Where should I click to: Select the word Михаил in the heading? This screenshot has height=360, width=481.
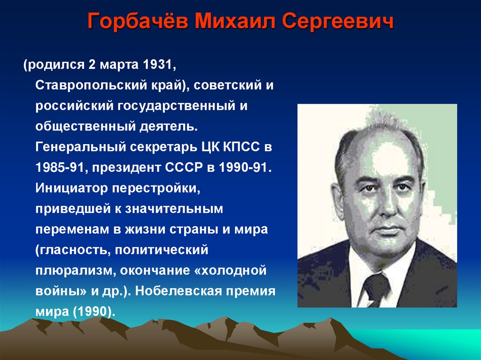pos(235,21)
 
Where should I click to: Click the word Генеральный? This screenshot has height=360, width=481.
pos(81,147)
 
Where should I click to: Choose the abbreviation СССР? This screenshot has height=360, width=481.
pos(184,168)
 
